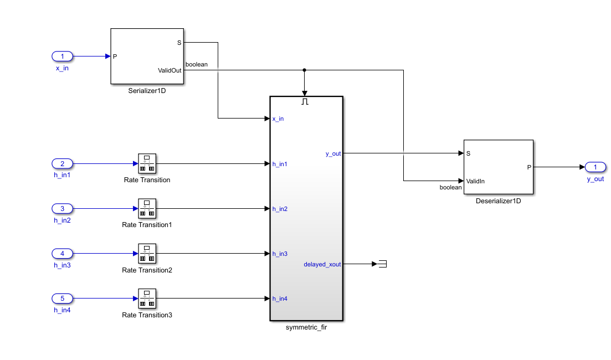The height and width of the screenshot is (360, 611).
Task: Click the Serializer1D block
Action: tap(147, 56)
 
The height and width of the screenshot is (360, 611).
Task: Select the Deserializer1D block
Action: tap(498, 167)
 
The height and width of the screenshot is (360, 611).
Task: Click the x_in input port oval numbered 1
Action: tap(62, 56)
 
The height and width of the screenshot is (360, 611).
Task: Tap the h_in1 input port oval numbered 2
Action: tap(62, 164)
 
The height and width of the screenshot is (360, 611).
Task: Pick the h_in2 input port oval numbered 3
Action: tap(62, 209)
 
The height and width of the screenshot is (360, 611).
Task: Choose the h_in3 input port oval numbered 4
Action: tap(62, 254)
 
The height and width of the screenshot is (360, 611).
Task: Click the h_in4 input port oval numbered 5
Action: tap(62, 299)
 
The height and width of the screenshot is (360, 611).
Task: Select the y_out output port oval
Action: tap(595, 167)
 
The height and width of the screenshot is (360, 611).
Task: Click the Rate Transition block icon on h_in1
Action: tap(147, 164)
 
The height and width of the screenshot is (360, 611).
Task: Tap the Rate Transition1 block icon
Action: tap(147, 209)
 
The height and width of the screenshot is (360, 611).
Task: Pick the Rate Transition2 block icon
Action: tap(147, 254)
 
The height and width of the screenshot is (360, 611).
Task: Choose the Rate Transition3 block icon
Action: tap(147, 299)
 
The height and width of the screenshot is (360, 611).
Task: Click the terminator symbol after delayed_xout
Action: tap(382, 264)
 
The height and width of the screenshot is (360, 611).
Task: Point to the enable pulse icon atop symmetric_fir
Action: tap(305, 102)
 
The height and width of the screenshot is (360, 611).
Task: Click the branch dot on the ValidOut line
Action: tap(305, 70)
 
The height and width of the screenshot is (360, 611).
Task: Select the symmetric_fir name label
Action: tap(306, 328)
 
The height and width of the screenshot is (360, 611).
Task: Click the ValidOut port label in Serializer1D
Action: tap(170, 70)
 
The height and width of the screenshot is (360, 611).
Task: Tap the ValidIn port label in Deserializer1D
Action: tap(476, 181)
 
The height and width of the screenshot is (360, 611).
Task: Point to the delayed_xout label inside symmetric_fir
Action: tap(322, 264)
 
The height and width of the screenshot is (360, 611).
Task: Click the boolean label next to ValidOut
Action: tap(197, 64)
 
